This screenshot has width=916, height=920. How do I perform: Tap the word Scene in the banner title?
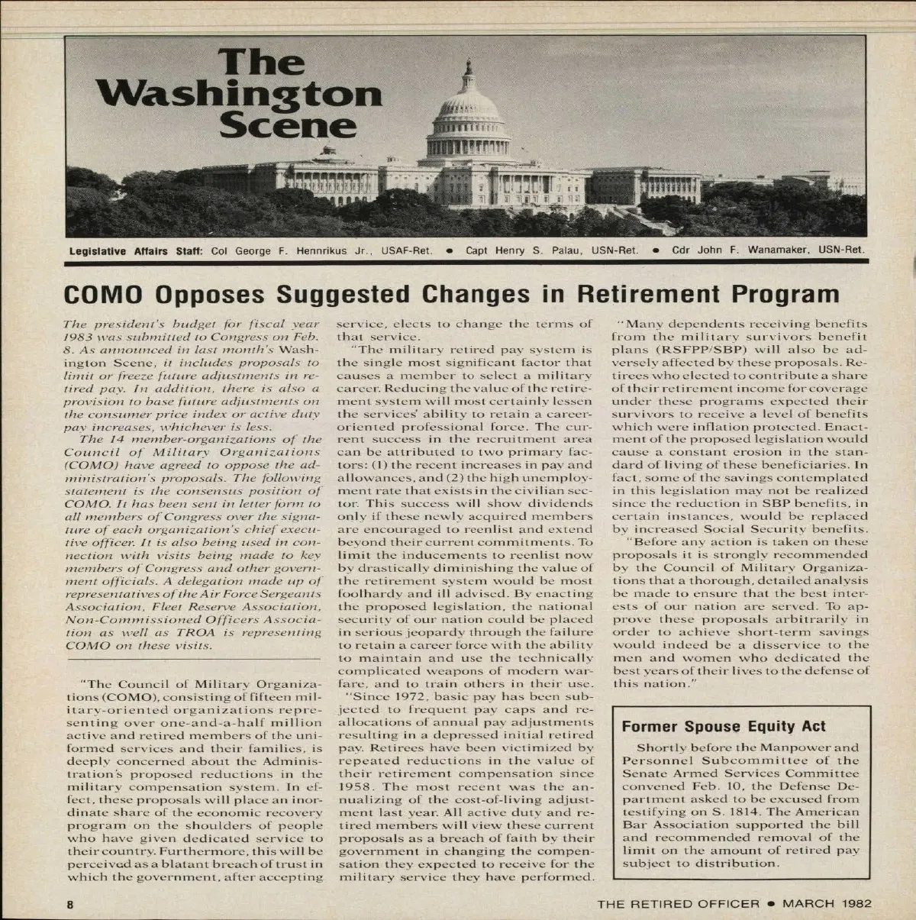coord(288,125)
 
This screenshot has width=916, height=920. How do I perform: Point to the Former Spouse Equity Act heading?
coord(724,726)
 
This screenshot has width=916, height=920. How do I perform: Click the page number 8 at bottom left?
coord(69,904)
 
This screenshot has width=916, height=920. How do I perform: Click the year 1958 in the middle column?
coord(354,786)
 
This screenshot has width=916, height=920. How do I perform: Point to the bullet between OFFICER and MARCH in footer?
coord(772,904)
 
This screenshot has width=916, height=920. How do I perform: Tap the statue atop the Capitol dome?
coord(468,62)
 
